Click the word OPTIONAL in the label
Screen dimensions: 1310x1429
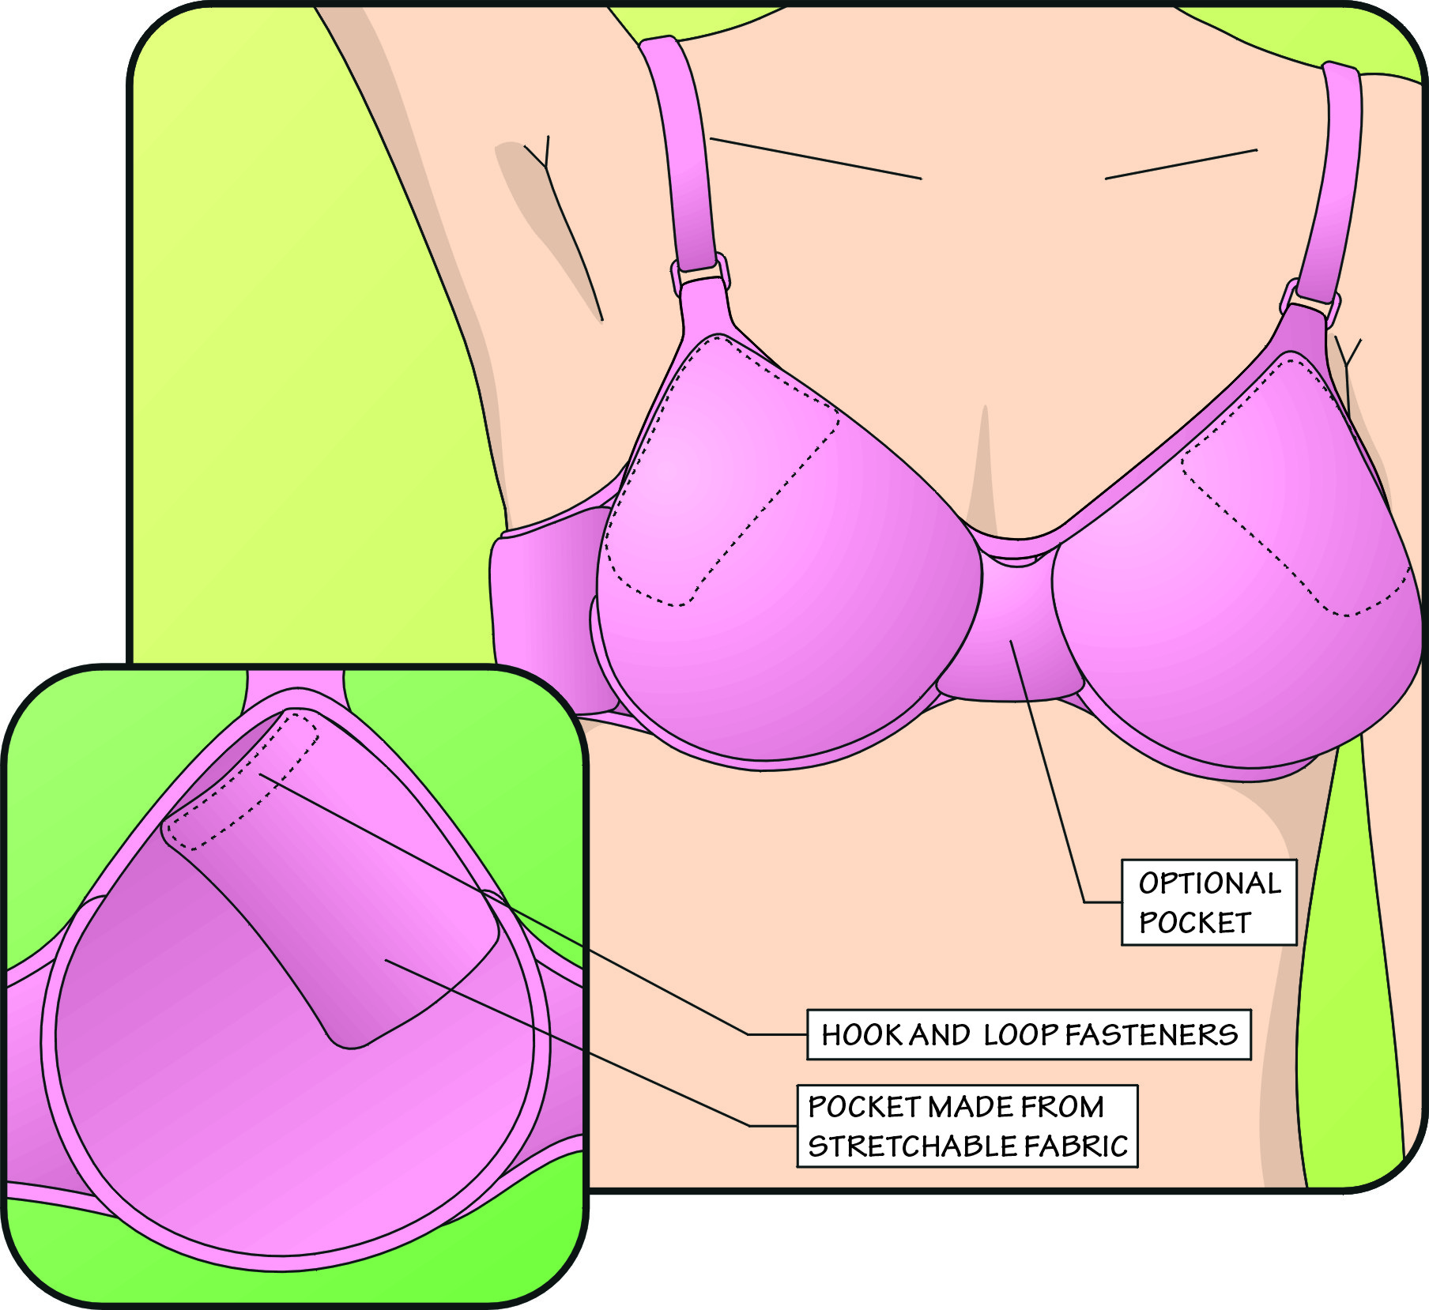[1209, 883]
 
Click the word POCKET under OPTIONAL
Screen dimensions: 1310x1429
[1194, 923]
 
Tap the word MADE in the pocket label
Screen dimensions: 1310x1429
[971, 1107]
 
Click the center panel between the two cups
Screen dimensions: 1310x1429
[1010, 640]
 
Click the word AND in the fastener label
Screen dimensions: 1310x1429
[939, 1035]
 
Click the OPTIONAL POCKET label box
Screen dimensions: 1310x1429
[1208, 902]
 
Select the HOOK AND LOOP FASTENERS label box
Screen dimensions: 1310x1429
[1028, 1035]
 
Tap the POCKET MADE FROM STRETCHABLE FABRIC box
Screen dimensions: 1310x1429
[967, 1126]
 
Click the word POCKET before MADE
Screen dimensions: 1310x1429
[864, 1107]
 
